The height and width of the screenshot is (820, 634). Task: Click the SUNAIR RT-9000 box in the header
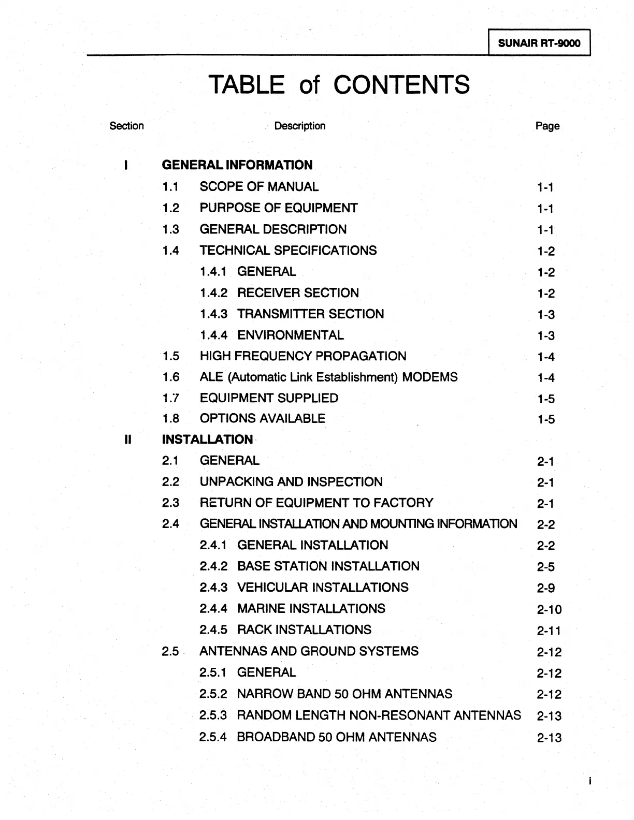539,43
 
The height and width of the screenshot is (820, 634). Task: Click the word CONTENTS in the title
401,84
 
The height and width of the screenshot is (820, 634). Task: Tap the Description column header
300,126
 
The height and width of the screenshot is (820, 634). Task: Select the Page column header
547,126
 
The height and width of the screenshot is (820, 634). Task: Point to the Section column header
127,126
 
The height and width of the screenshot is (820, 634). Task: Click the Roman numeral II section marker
127,440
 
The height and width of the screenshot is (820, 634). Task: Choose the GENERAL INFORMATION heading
237,165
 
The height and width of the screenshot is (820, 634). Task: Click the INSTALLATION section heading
207,440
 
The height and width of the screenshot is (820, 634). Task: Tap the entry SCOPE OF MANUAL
259,187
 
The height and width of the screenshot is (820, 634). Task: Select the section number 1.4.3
213,314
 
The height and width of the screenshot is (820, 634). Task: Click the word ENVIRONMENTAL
290,335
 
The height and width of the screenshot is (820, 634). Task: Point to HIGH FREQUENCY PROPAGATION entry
303,356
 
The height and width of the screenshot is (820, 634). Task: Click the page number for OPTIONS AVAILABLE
546,419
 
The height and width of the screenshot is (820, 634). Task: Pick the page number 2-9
546,588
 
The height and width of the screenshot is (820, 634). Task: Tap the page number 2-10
549,609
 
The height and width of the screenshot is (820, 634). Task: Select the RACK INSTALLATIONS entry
304,630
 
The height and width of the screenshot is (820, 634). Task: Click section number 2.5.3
213,715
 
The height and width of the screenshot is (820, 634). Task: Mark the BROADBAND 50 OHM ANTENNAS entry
337,737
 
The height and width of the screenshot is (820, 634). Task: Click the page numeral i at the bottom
589,781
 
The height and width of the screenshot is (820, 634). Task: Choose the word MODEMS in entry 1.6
430,377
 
